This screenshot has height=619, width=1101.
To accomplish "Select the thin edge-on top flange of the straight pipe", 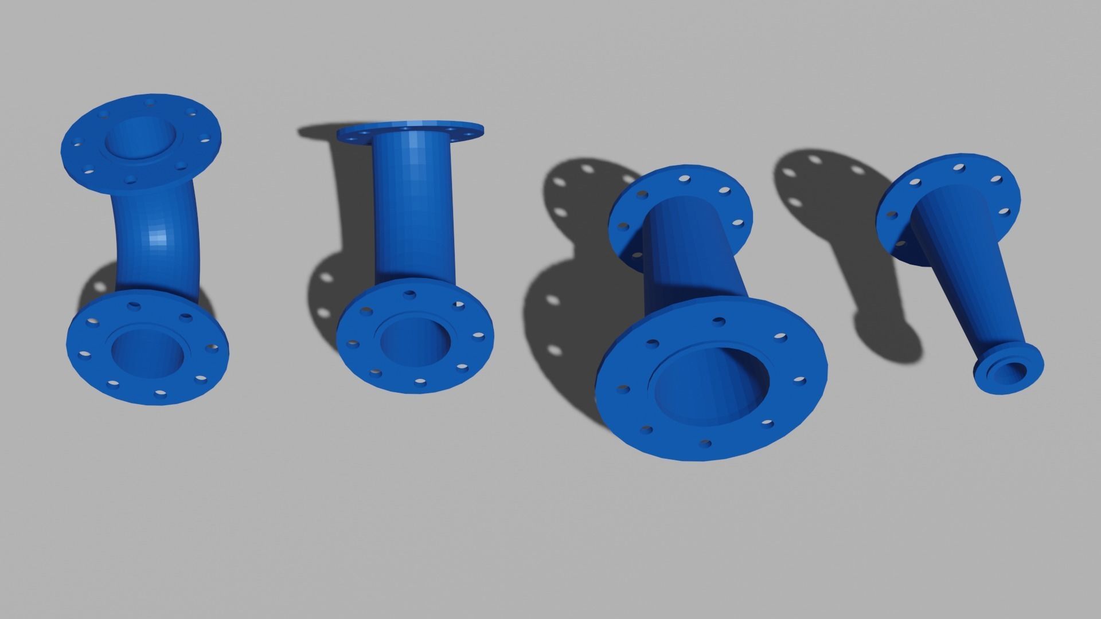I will pos(411,131).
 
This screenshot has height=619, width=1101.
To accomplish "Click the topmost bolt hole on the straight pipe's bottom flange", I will pos(409,295).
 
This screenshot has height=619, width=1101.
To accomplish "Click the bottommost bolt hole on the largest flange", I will pos(706,443).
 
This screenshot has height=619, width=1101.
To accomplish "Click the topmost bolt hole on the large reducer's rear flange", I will pos(684,179).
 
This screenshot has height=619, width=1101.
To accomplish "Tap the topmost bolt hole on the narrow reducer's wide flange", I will pos(959,167).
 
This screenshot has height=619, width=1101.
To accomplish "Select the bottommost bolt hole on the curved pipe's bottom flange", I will pos(161,394).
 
